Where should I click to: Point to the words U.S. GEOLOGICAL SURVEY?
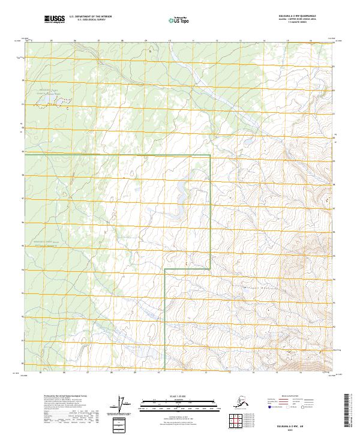point(83,22)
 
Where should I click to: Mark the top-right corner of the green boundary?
point(210,155)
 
